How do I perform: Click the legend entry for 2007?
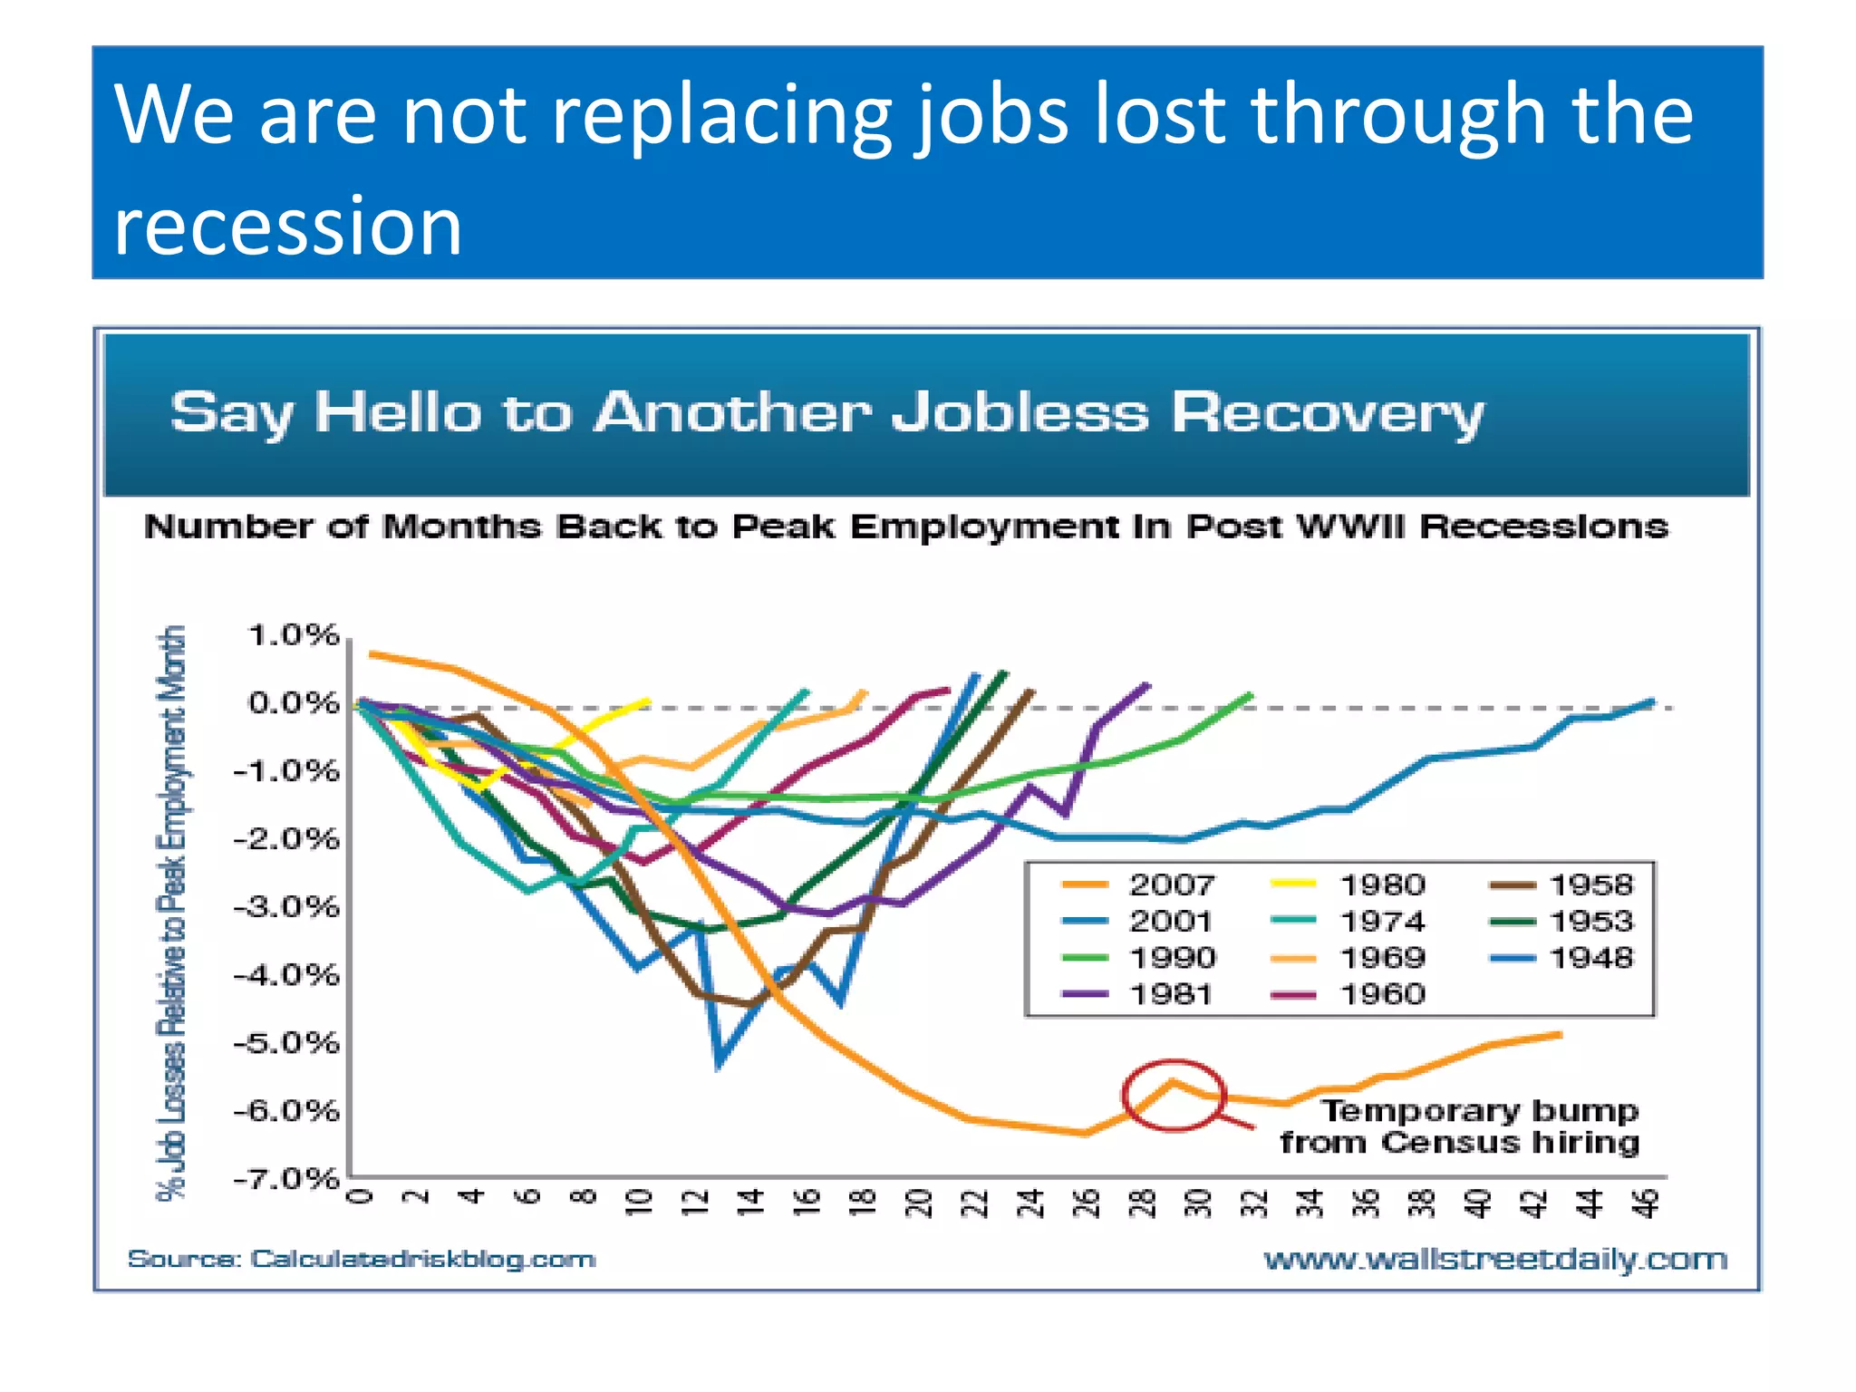pos(1142,884)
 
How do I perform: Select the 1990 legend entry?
pos(1142,958)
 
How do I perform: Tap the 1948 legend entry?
pos(1563,958)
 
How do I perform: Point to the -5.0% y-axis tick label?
pos(286,1043)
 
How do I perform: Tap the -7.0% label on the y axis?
pos(286,1179)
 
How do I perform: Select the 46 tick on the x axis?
pos(1648,1203)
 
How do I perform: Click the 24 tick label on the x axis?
pos(1030,1203)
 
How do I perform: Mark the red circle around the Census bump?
pos(1174,1095)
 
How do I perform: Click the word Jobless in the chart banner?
pos(1020,413)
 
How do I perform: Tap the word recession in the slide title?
pos(288,225)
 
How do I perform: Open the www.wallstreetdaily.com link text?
pos(1495,1259)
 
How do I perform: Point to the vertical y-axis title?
pos(171,911)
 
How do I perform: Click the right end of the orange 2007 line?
pos(1559,1034)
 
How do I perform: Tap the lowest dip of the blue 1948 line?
pos(719,1066)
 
